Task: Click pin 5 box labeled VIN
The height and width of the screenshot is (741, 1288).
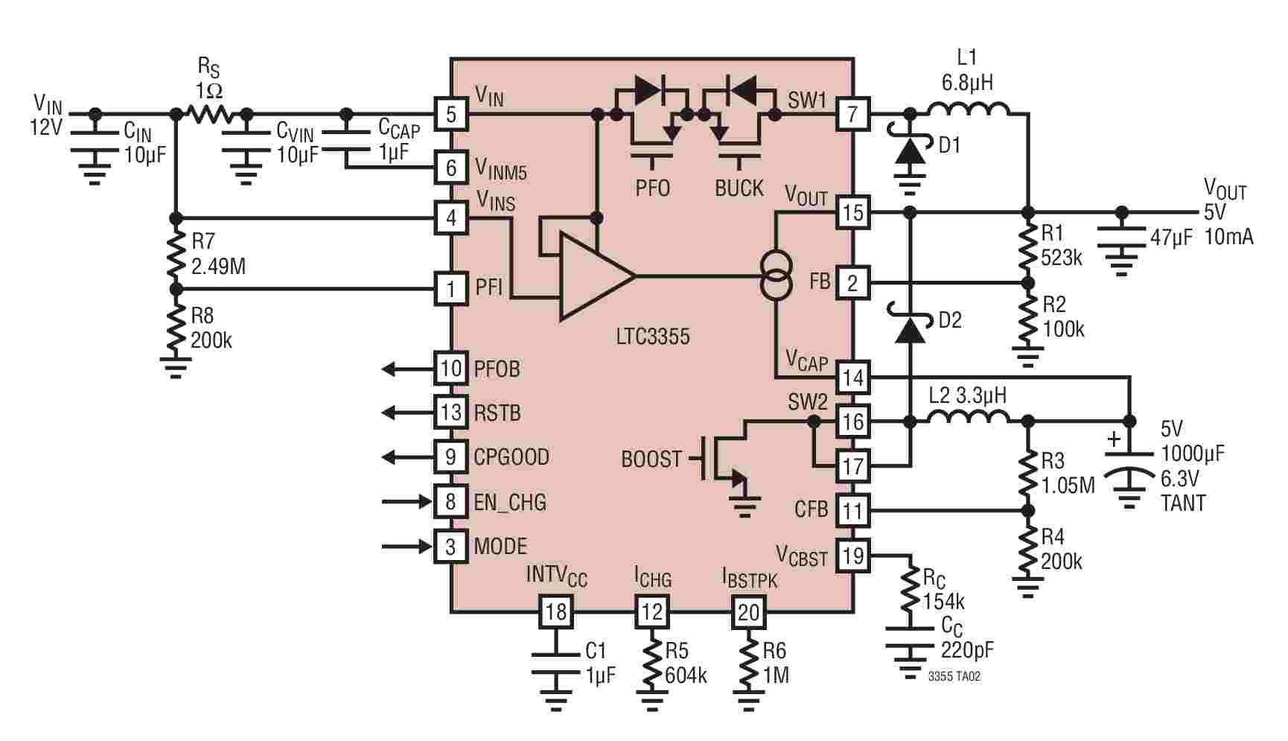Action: (451, 115)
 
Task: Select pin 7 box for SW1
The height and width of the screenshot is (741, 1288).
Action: (852, 115)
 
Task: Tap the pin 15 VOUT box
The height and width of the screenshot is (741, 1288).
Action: (852, 212)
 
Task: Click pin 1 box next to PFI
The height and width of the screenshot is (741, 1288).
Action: (451, 288)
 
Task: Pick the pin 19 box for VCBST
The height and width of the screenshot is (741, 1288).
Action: (852, 555)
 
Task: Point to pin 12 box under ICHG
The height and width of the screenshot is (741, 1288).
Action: (651, 612)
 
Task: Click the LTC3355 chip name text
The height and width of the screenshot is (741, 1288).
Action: (653, 336)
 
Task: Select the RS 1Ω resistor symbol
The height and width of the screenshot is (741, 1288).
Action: (212, 114)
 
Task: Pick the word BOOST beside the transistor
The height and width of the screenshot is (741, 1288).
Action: (651, 459)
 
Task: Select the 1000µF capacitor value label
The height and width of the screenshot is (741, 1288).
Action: (1193, 453)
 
